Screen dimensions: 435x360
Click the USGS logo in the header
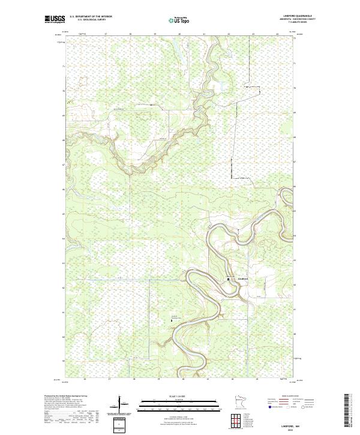tap(55, 19)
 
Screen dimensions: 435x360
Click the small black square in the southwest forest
tap(172, 320)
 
